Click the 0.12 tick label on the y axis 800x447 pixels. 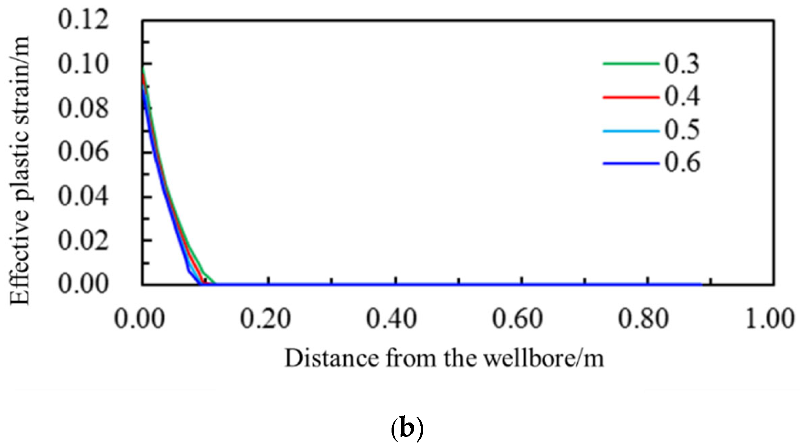pos(83,19)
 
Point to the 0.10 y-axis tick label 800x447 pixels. pos(83,64)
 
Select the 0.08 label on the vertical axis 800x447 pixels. pos(83,108)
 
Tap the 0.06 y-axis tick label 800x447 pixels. pos(83,152)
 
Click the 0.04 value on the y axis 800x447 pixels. pos(83,196)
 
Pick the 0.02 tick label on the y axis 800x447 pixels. pos(83,240)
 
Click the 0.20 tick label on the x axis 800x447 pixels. pos(265,319)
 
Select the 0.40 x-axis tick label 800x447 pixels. pos(392,319)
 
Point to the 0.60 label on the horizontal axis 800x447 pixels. pos(518,319)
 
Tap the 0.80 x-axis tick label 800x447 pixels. pos(644,319)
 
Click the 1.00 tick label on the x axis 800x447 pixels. pos(770,319)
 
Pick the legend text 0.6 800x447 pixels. pos(682,163)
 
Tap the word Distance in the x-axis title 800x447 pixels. pos(332,359)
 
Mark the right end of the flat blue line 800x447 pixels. pos(701,284)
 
